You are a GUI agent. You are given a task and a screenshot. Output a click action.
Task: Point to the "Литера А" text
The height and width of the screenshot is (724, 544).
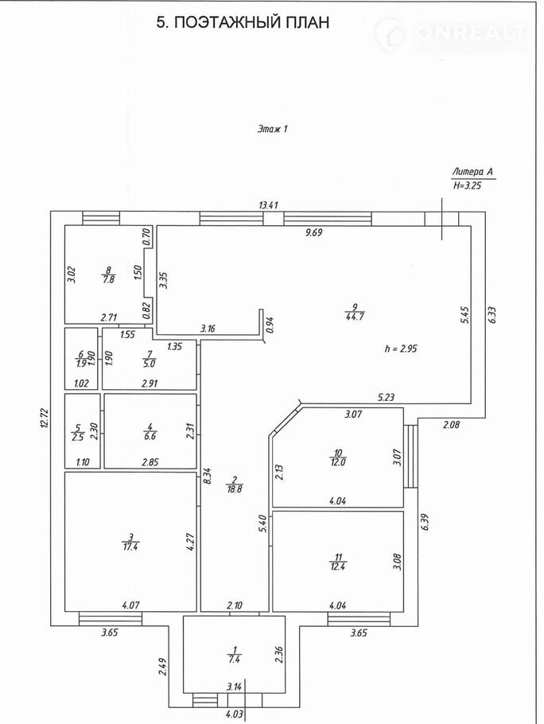[x=472, y=171]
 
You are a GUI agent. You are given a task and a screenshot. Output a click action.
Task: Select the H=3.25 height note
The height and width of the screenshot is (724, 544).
[x=467, y=185]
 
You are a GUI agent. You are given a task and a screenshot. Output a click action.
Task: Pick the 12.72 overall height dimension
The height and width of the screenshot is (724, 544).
[x=45, y=417]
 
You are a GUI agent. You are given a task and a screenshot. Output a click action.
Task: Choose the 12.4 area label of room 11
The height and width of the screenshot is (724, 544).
[x=337, y=565]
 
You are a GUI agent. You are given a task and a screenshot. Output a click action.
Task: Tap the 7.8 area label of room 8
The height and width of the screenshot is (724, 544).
[x=107, y=279]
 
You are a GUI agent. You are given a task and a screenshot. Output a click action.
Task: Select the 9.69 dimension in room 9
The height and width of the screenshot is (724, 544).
[x=319, y=233]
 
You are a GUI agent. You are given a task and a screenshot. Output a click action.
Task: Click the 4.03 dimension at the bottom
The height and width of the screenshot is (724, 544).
[x=233, y=714]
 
